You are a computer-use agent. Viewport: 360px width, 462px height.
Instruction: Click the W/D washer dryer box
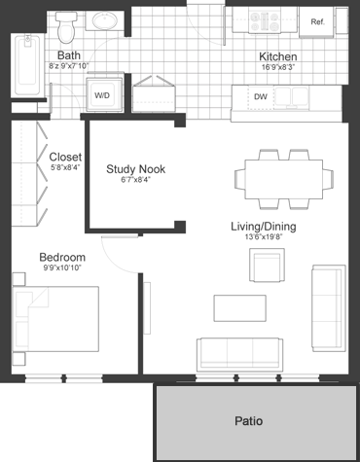tap(102, 95)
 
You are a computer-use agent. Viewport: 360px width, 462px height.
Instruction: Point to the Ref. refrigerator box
tap(317, 21)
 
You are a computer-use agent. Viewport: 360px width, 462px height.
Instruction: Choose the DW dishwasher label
tap(260, 96)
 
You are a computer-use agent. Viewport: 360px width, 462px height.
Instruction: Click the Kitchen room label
tap(277, 56)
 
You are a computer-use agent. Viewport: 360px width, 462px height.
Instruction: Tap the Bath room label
tap(68, 55)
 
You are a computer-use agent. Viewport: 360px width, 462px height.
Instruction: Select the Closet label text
tap(65, 157)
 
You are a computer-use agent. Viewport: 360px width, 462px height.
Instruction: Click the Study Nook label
tap(135, 168)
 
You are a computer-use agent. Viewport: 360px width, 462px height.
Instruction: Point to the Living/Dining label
tap(263, 227)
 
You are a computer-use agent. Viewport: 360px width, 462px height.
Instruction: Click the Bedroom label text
tap(62, 258)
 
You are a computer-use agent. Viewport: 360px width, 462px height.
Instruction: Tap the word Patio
tap(248, 421)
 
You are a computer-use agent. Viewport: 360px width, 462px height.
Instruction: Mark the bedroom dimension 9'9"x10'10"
tap(62, 270)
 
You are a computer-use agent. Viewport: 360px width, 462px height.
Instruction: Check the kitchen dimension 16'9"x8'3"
tap(277, 68)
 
